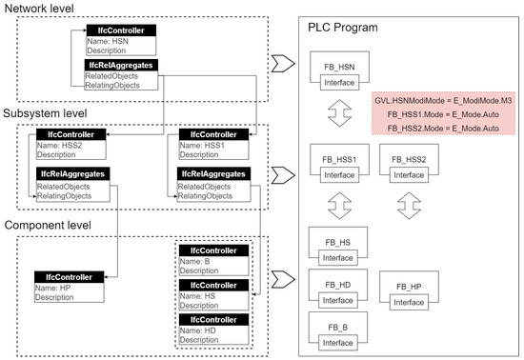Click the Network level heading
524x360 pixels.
pos(42,9)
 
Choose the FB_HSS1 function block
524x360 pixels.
pos(333,159)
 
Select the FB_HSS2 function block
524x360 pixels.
pos(401,159)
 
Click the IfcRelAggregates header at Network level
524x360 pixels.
pos(122,65)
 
